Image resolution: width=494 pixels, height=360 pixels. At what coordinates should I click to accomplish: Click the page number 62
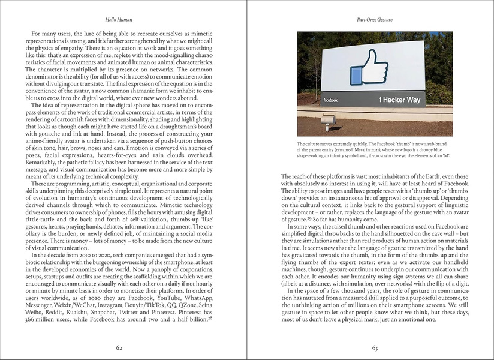119,346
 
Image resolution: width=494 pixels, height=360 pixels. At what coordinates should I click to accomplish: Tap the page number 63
374,346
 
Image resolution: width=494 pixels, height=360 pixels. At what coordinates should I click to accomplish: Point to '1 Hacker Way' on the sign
399,100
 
